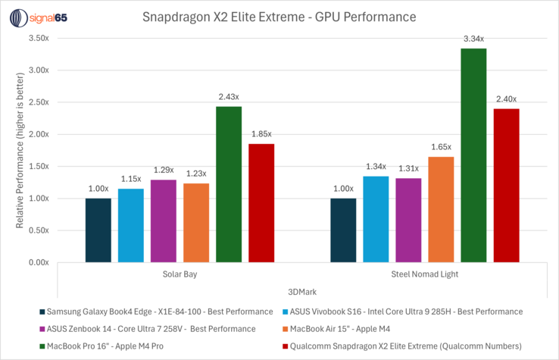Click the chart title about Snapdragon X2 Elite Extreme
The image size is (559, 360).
point(279,15)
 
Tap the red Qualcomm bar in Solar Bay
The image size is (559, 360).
point(261,203)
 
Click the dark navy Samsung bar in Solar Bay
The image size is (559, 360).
point(98,230)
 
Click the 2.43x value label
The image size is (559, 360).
point(229,97)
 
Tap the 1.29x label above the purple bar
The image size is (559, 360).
point(164,170)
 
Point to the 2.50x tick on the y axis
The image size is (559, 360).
point(38,102)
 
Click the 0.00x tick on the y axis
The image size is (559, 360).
point(38,262)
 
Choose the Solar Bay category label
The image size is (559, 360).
point(180,274)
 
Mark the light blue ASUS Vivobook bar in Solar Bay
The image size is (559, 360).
point(131,225)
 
